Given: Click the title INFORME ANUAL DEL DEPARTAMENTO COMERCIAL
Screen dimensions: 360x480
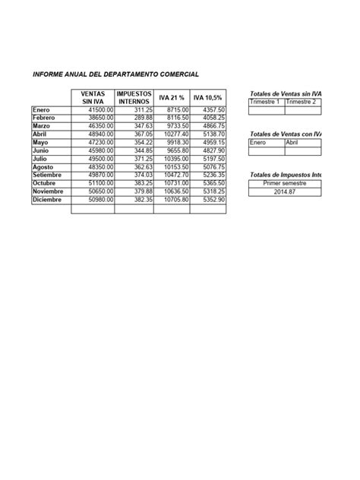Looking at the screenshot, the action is click(115, 75).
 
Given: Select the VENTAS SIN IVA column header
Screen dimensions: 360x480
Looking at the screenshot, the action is click(93, 97).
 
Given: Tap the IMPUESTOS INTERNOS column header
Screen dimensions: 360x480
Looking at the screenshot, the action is click(134, 97).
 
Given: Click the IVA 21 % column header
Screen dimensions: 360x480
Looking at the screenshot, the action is click(172, 98).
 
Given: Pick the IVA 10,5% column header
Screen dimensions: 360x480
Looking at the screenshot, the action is click(208, 98).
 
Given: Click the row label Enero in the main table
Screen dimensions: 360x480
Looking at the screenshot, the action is click(41, 110).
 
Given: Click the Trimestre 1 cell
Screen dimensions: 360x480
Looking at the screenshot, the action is click(266, 102).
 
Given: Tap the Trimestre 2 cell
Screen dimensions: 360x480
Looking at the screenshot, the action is click(302, 102).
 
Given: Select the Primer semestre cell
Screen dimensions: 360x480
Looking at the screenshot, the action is click(286, 183).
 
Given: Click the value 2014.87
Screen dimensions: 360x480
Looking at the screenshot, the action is click(286, 191).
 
